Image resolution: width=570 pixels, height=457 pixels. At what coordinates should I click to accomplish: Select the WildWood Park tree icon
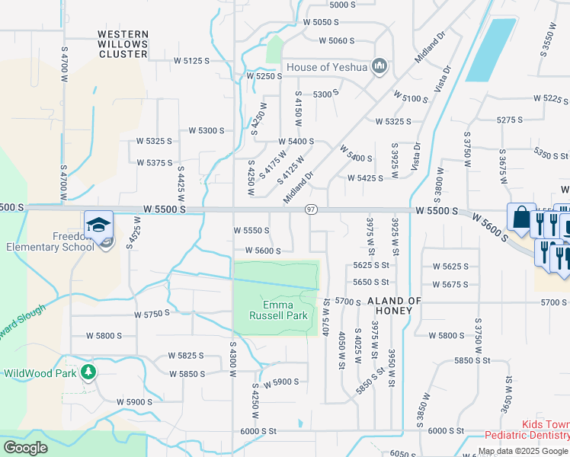tap(89, 372)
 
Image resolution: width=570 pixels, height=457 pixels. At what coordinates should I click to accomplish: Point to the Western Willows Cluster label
tap(123, 44)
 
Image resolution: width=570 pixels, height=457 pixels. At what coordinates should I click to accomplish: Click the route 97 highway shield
tap(311, 209)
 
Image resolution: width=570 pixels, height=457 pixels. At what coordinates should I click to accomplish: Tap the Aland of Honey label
tap(394, 302)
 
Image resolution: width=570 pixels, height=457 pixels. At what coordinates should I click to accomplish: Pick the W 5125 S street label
tap(191, 60)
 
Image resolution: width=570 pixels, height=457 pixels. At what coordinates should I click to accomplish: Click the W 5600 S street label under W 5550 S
tap(263, 251)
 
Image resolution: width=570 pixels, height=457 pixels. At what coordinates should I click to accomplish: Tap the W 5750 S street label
tap(152, 314)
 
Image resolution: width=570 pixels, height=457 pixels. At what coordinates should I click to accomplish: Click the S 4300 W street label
tap(232, 357)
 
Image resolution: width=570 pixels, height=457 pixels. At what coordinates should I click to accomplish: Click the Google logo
tap(26, 448)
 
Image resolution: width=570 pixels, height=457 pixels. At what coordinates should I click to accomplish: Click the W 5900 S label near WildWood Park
tap(135, 401)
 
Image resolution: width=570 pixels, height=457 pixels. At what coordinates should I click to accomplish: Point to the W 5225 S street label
tap(551, 99)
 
